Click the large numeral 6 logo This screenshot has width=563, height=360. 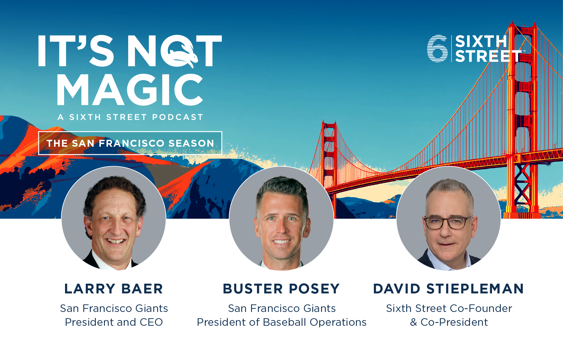[x=437, y=48]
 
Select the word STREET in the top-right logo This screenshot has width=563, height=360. [x=489, y=56]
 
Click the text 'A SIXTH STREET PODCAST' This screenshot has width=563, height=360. [x=130, y=117]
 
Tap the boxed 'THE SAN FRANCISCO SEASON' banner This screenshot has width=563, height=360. [x=130, y=143]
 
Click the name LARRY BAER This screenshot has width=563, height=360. [x=114, y=289]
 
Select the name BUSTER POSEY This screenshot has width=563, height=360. [x=281, y=289]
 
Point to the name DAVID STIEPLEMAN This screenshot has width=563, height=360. [x=449, y=289]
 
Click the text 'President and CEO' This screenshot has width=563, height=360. [x=114, y=322]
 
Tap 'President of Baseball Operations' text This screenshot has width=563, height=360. [x=281, y=322]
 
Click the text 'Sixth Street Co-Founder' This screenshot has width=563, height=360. [x=449, y=308]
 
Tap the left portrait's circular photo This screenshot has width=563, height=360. [x=114, y=218]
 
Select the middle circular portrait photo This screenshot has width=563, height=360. [x=281, y=218]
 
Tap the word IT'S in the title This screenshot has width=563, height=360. [x=75, y=51]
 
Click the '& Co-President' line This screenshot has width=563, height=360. [x=449, y=322]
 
